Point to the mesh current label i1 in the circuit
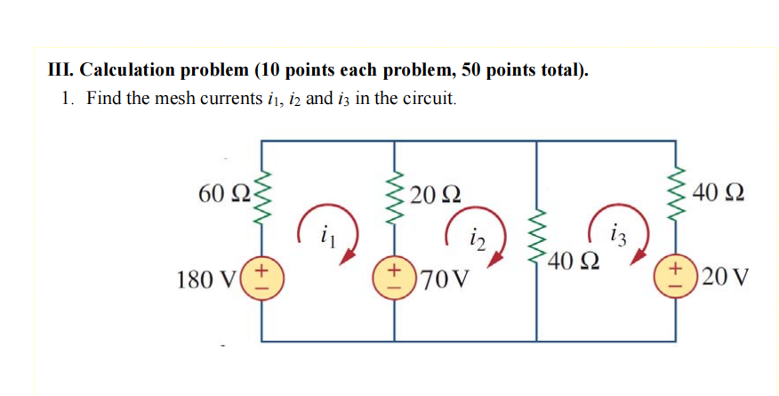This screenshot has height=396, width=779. click(325, 237)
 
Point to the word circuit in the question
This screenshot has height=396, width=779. click(429, 97)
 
